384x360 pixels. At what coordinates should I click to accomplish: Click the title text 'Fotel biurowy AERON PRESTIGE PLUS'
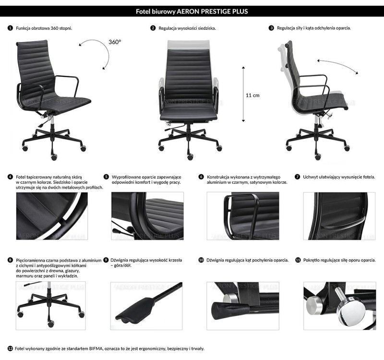[192, 11]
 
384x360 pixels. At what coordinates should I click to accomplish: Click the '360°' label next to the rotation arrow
[115, 42]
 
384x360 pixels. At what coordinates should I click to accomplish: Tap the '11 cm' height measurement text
[252, 95]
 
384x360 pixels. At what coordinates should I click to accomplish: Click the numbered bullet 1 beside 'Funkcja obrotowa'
[11, 28]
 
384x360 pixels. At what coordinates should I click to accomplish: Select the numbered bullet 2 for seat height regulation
[153, 28]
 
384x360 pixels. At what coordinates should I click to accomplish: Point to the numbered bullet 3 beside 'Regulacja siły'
[272, 28]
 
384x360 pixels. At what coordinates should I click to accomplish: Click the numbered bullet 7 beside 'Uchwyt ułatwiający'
[298, 177]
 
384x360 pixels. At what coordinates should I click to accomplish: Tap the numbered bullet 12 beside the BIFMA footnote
[11, 348]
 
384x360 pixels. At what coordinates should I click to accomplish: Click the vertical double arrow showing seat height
[243, 94]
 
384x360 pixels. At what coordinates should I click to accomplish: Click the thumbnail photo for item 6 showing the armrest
[242, 216]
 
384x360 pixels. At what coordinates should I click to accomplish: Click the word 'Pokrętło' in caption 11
[313, 260]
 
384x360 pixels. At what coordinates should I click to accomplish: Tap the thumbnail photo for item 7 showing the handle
[339, 216]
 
